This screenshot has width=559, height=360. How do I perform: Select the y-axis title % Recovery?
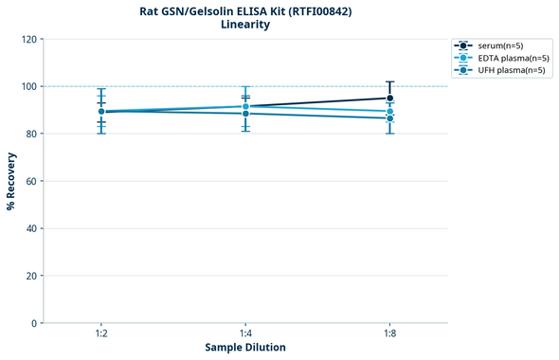[x=11, y=180]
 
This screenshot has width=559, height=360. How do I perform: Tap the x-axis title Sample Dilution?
[x=245, y=348]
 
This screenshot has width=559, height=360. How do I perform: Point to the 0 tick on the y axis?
[x=34, y=323]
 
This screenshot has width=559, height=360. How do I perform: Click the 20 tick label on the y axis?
[x=31, y=276]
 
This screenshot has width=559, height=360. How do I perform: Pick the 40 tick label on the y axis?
[x=31, y=228]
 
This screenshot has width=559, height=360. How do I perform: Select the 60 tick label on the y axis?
[x=31, y=181]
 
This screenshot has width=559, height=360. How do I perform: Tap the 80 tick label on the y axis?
[x=31, y=134]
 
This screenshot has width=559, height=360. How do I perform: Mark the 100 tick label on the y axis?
[x=28, y=86]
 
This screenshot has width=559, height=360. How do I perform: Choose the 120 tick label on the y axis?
[x=28, y=39]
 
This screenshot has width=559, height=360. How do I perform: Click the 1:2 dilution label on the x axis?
[x=101, y=334]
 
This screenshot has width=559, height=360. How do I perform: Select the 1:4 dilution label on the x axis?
[x=245, y=334]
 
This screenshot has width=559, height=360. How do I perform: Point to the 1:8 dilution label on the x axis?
[x=389, y=334]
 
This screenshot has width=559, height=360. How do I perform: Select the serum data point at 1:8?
[x=389, y=98]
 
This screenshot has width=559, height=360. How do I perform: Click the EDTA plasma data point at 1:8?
[x=389, y=112]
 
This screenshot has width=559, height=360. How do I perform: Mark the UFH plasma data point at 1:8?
[x=389, y=118]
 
